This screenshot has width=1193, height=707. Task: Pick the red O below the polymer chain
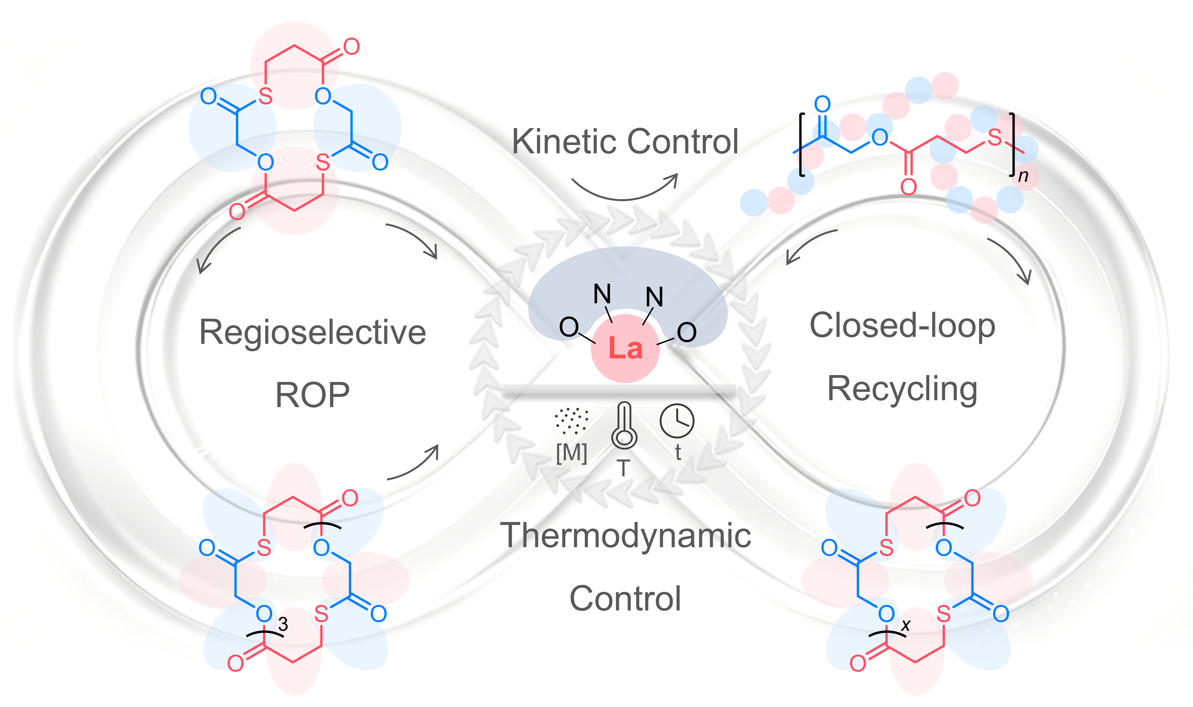click(909, 187)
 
